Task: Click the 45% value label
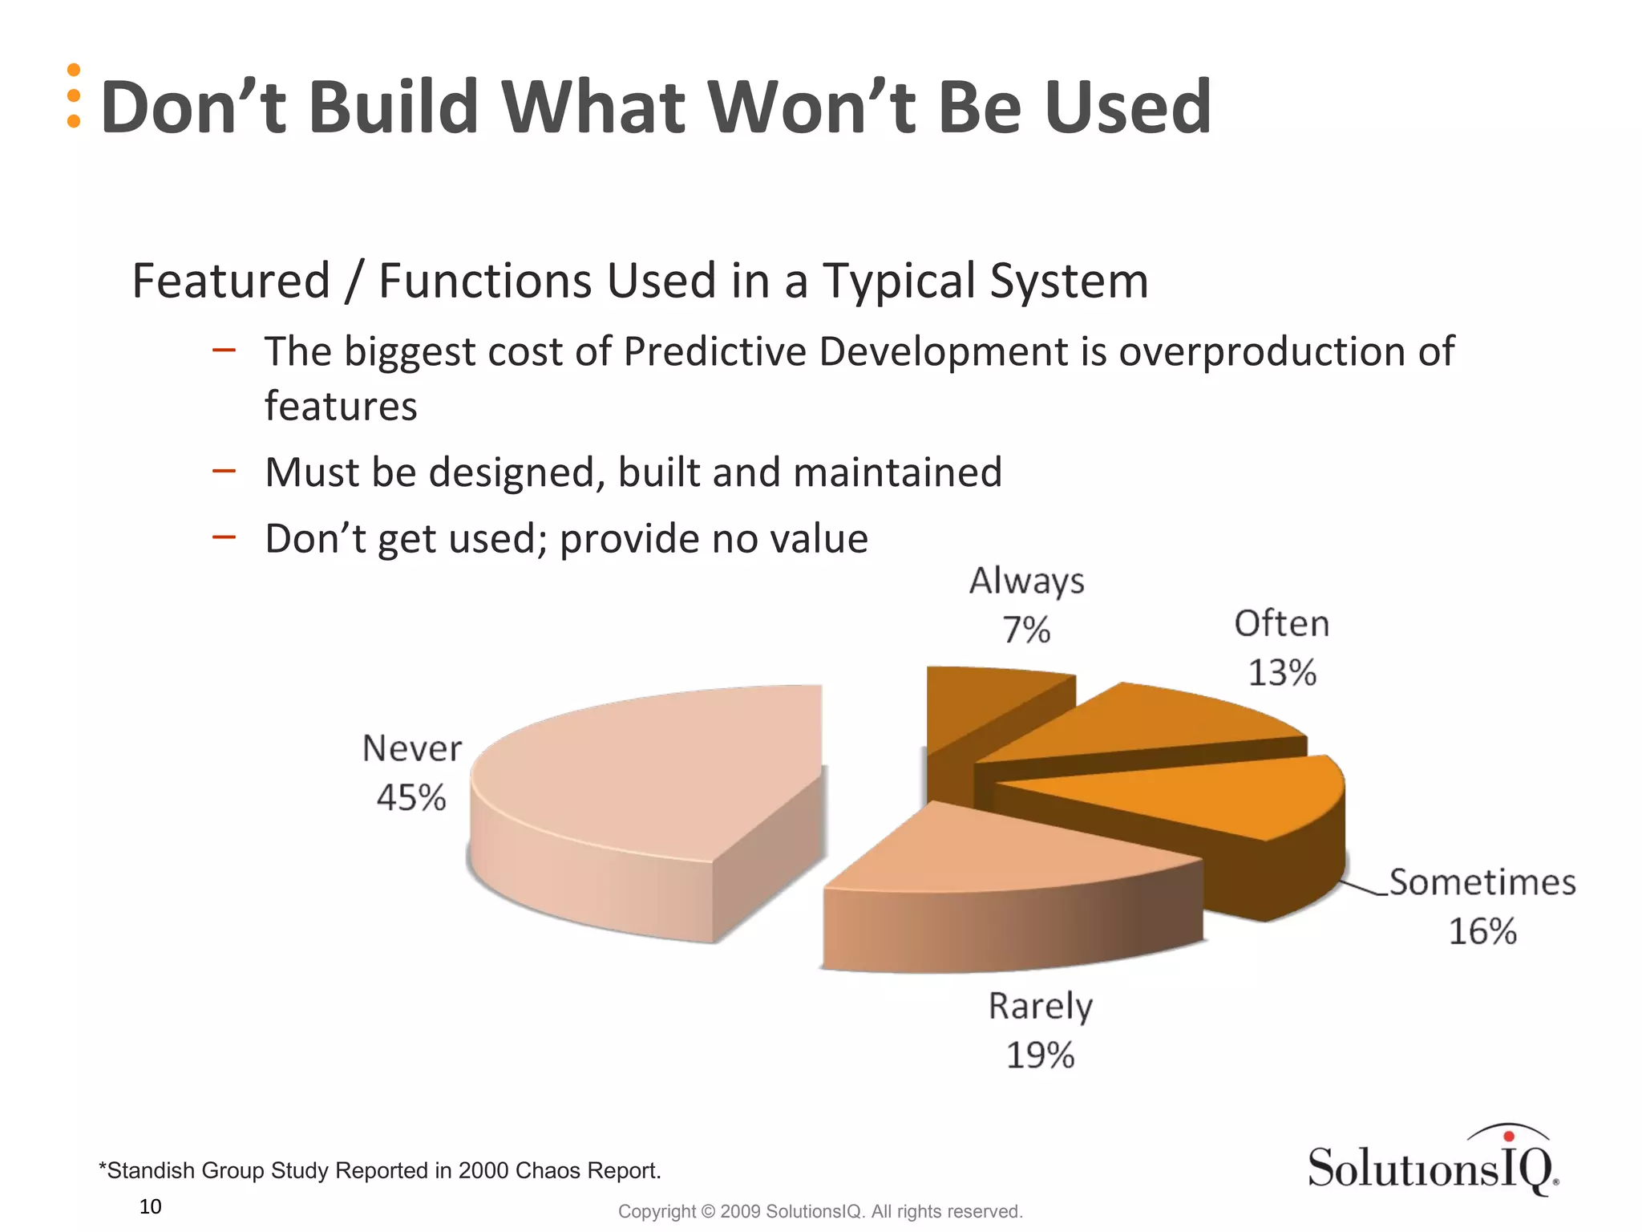click(410, 798)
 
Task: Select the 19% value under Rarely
click(1040, 1056)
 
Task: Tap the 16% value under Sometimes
click(1482, 932)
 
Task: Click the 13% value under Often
click(1282, 673)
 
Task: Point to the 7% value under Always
click(1026, 630)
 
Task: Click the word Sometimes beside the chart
click(1482, 882)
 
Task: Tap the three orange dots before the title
click(74, 95)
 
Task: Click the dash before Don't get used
click(224, 537)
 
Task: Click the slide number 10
click(150, 1206)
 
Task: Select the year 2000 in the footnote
click(483, 1170)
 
